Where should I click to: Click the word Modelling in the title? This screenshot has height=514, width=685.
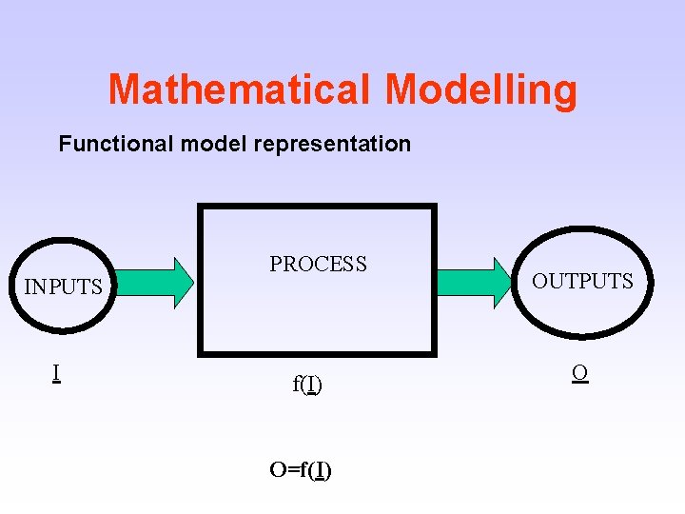480,89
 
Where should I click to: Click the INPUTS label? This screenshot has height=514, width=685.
63,287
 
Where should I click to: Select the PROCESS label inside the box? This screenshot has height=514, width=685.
318,265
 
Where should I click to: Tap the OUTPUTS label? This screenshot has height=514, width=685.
582,281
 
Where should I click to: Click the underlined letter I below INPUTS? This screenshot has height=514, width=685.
57,372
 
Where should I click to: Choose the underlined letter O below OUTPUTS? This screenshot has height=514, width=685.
579,372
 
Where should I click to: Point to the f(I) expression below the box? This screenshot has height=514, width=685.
307,385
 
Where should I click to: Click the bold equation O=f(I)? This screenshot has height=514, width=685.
301,469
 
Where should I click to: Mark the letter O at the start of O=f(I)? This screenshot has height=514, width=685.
278,469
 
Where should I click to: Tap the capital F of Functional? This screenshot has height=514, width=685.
65,144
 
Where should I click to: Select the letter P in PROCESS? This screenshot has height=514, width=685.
276,265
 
